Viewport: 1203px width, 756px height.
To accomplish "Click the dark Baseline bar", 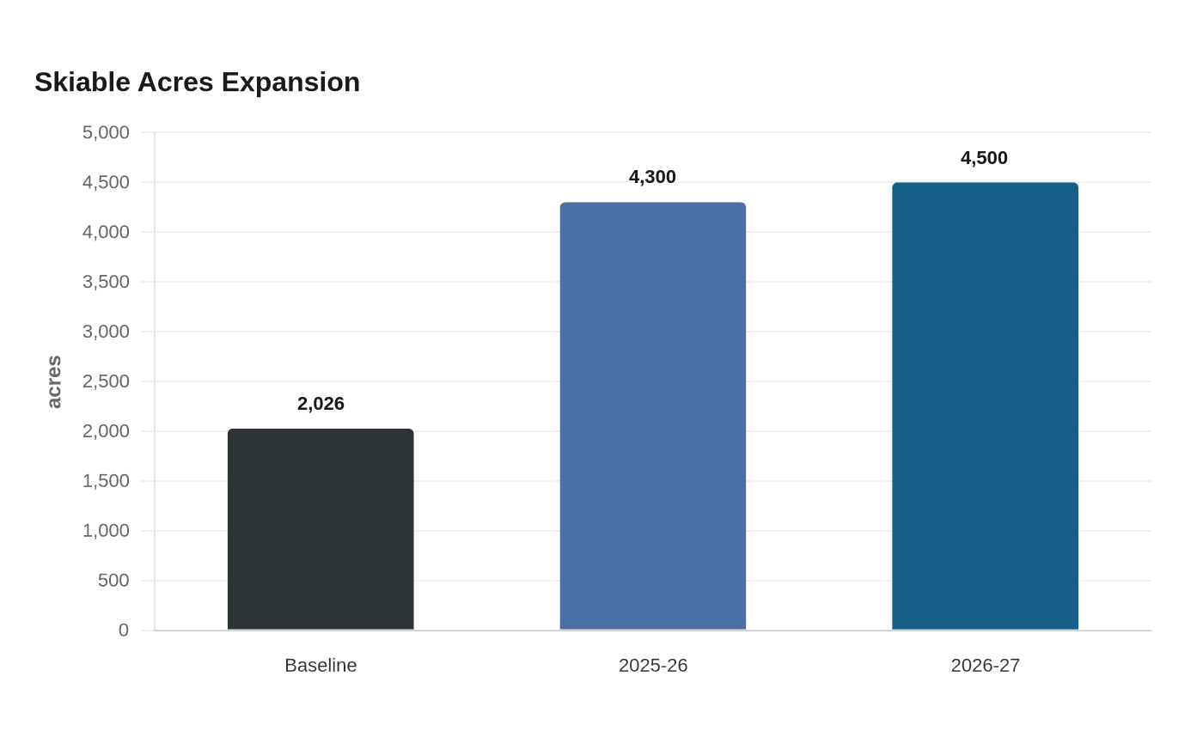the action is point(321,529).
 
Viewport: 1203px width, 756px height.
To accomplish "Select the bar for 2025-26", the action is point(653,416).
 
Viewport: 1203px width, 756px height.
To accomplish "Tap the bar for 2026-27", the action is point(985,405).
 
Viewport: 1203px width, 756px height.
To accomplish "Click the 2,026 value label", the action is point(321,404).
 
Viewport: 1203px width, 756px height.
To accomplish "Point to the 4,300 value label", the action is point(652,177).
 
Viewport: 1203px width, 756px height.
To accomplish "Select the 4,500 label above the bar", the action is point(985,158).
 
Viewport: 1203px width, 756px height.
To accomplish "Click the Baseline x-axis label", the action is point(321,665).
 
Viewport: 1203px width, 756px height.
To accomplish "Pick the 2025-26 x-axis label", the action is point(653,665).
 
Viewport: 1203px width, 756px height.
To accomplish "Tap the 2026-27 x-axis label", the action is point(985,665).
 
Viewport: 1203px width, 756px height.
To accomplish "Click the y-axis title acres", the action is point(54,381).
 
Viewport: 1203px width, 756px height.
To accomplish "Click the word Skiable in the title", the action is point(82,82).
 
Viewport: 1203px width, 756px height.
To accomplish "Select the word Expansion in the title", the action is point(290,83).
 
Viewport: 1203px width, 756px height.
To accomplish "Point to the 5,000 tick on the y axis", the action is point(106,132).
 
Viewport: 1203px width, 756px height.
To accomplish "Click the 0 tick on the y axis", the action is point(124,630).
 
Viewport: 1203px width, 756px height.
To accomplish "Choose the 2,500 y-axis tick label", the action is point(106,381).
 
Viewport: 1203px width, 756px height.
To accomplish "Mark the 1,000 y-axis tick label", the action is point(106,531).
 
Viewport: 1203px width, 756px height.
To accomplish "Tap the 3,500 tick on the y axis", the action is point(106,282).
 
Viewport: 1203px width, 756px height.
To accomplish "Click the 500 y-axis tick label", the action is point(113,581).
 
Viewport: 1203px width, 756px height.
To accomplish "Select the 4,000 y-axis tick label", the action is point(106,232).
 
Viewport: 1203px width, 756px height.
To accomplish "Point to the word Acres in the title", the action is point(175,82).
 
